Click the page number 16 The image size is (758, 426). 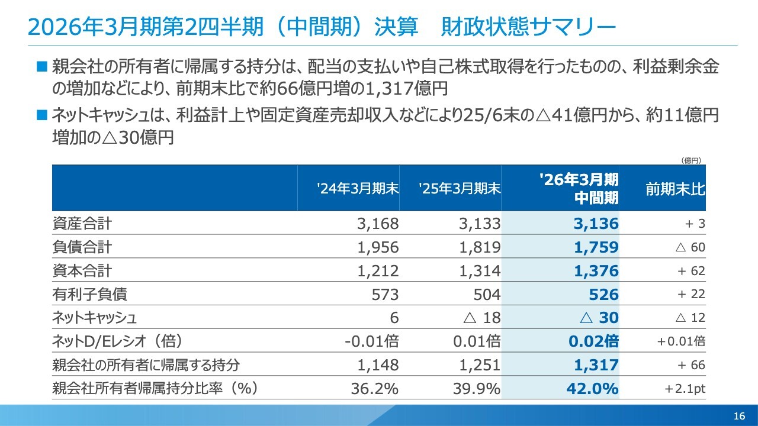pos(738,416)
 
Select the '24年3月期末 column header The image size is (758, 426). pos(358,189)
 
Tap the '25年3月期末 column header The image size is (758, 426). pos(460,189)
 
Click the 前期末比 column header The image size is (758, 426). pos(675,189)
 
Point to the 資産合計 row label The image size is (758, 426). pos(82,224)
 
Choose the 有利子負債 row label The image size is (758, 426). pos(89,294)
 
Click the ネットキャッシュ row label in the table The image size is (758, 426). pos(95,318)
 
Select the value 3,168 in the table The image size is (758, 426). pos(378,224)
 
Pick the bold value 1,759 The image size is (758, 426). pos(596,247)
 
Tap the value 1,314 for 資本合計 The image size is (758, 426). pos(480,271)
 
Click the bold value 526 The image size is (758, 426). pos(604,294)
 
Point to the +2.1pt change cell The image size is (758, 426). pos(685,389)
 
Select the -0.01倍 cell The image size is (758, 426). pos(371,341)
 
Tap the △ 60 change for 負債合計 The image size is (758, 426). pos(690,247)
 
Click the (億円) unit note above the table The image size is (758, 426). pos(690,160)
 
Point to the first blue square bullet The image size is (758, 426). pos(41,66)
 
